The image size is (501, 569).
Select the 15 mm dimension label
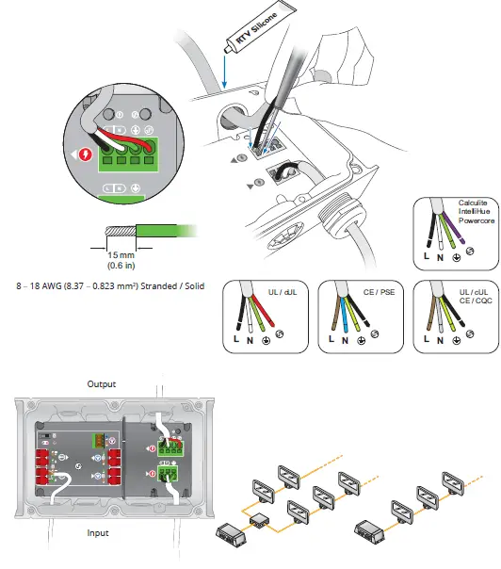[112, 256]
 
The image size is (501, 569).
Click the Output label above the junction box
[102, 384]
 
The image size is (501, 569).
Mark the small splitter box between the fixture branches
[256, 520]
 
